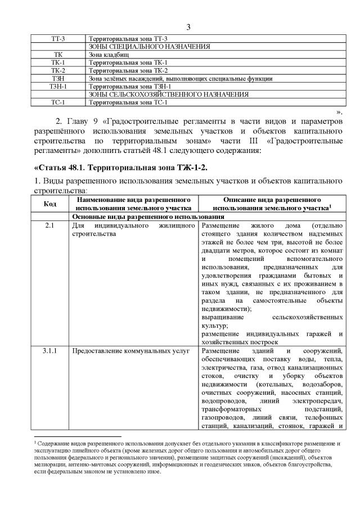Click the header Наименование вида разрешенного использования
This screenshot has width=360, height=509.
[133, 204]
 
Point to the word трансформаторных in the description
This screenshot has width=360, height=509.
[227, 410]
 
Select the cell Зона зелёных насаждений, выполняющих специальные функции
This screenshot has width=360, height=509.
[181, 79]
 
